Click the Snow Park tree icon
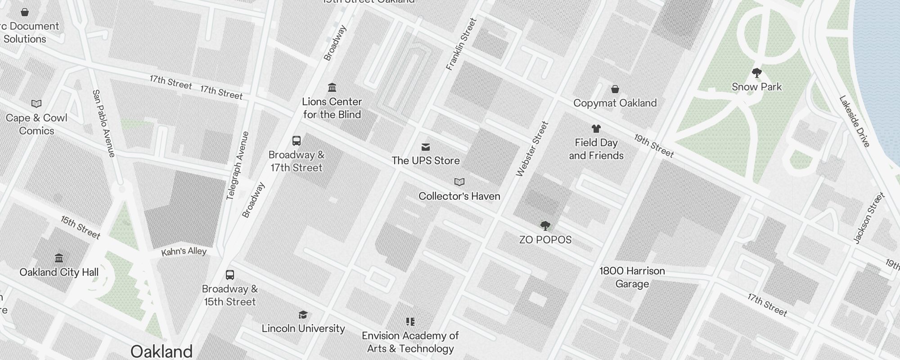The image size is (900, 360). click(x=756, y=72)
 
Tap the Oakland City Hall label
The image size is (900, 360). click(x=59, y=272)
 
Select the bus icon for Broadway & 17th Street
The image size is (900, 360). click(x=296, y=141)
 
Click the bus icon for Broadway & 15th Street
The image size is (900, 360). click(x=229, y=275)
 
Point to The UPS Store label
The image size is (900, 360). click(x=425, y=161)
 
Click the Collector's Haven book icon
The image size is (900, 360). click(x=459, y=182)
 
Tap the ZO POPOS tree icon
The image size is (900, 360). click(x=545, y=225)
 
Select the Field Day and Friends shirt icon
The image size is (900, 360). click(x=596, y=129)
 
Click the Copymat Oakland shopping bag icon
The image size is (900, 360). click(x=615, y=89)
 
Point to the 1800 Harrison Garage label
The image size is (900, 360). click(x=632, y=277)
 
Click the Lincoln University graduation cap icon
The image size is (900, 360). click(x=303, y=315)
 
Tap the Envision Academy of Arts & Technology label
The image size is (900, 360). click(x=410, y=342)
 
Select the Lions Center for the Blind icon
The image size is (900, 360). click(x=332, y=87)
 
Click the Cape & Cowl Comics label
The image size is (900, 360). click(x=36, y=124)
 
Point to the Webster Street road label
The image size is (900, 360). click(x=532, y=149)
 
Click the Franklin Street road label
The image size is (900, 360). click(x=461, y=44)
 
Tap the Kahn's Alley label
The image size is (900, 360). click(x=184, y=252)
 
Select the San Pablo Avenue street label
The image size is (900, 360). click(x=104, y=123)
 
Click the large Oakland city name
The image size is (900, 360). click(x=161, y=351)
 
